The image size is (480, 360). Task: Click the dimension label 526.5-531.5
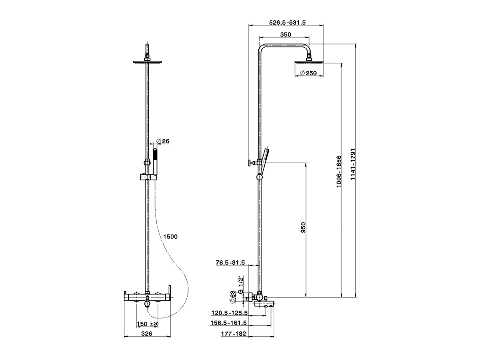click(x=288, y=22)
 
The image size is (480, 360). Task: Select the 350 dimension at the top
click(x=285, y=34)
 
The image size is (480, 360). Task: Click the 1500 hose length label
click(x=170, y=236)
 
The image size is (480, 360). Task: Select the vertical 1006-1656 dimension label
click(x=339, y=171)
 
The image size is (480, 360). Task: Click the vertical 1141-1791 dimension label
click(x=352, y=164)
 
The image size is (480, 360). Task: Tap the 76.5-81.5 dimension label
click(x=230, y=262)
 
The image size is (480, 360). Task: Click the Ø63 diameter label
click(x=232, y=296)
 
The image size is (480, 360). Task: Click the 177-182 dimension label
click(x=234, y=333)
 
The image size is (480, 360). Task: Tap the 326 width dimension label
click(x=147, y=333)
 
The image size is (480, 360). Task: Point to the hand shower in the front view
click(x=156, y=161)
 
